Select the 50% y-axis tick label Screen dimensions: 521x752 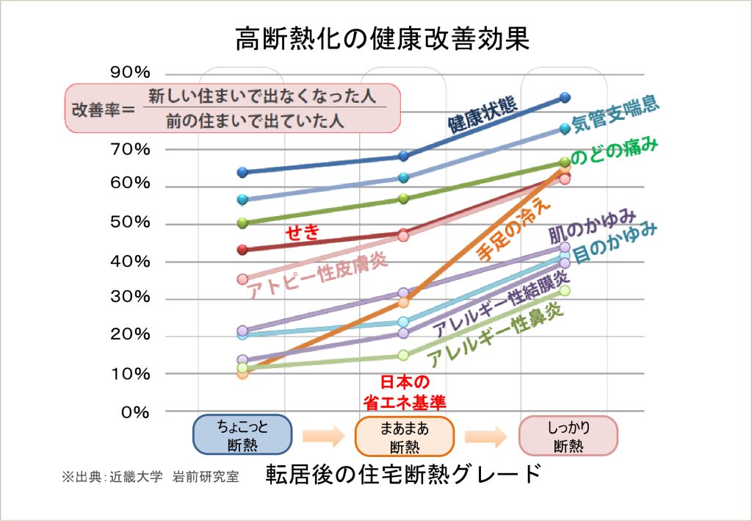coord(132,223)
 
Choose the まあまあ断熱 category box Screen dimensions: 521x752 coord(405,436)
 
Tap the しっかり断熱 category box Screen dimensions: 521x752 coord(568,436)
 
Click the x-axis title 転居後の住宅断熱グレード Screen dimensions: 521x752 coord(405,474)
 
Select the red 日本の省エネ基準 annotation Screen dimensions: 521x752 coord(405,392)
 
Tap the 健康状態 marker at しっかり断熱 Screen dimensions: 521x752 coord(565,97)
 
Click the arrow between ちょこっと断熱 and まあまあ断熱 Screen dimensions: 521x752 coord(323,436)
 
